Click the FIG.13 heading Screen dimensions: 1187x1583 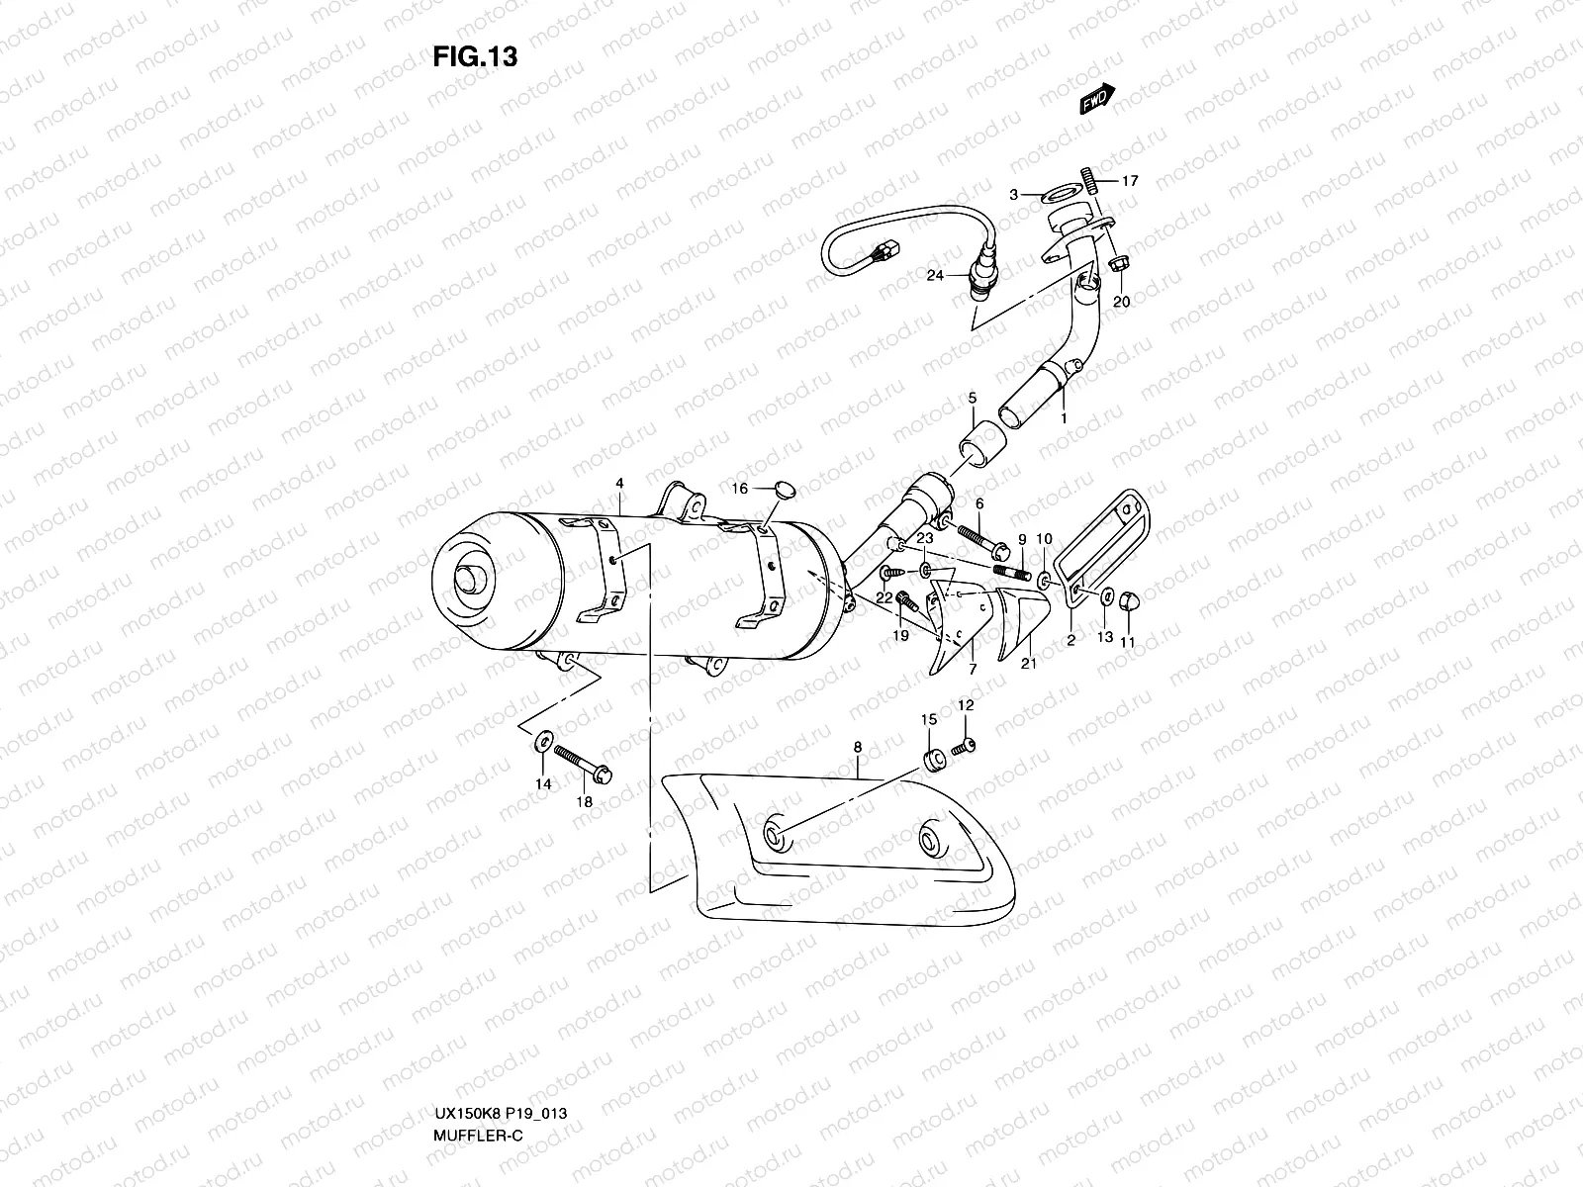475,57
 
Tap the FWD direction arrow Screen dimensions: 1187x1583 1097,99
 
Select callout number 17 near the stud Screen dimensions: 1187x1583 1130,181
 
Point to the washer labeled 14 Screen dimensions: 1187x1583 542,740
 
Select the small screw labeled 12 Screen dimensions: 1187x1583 964,749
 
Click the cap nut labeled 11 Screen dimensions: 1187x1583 1132,601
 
